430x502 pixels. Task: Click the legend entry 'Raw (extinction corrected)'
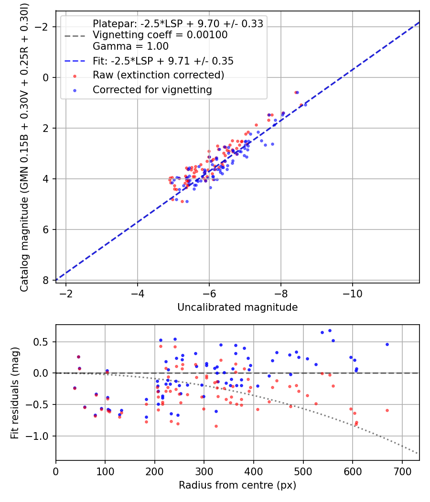coord(158,75)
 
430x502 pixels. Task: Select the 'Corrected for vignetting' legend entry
coord(152,89)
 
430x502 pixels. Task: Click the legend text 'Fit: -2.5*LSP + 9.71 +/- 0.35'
coord(163,61)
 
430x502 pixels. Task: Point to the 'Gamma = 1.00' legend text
coord(130,46)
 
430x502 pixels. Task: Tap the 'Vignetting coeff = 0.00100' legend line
coord(160,35)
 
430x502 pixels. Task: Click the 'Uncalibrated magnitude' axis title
coord(237,307)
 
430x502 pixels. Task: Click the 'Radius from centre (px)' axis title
coord(237,485)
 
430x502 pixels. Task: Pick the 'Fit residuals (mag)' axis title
coord(15,393)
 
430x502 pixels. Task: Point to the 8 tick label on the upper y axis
coord(47,280)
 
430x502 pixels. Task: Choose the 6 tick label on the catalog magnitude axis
coord(47,229)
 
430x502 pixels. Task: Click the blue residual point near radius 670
coord(387,344)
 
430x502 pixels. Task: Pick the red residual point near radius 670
coord(387,410)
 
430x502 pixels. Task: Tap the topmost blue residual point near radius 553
coord(330,330)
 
